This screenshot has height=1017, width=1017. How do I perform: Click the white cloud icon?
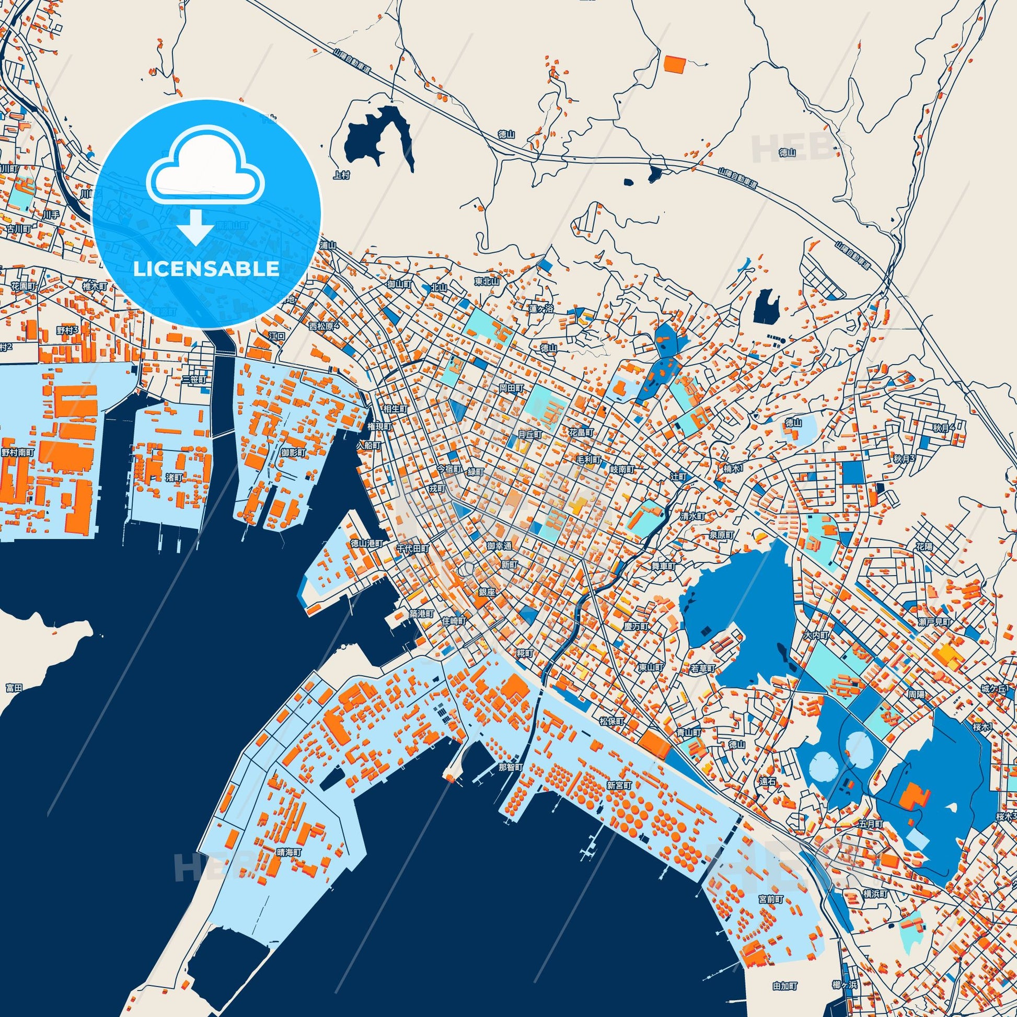coord(206,167)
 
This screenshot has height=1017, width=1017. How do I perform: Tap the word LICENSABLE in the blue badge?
coord(206,269)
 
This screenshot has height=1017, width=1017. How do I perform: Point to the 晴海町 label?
coord(289,866)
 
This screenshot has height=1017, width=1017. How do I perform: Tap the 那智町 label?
coord(510,768)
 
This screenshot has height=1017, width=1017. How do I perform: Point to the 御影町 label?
coord(293,452)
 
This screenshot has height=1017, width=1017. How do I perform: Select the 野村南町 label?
coord(17,452)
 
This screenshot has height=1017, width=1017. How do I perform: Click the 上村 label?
coord(342,175)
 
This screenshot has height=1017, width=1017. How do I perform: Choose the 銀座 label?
coord(487,592)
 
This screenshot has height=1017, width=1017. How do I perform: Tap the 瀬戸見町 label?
coord(938,622)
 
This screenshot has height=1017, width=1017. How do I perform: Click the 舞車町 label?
coord(663,566)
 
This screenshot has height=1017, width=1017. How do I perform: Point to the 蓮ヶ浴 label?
coord(541,309)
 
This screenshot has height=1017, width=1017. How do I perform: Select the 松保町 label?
coord(611,721)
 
